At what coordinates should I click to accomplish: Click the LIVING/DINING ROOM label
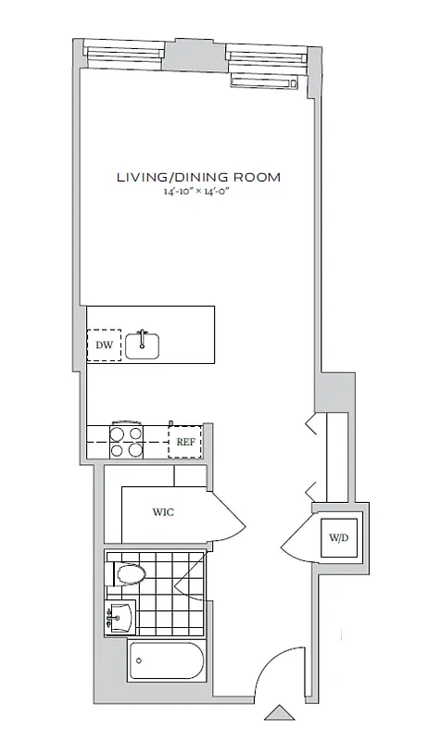pos(198,177)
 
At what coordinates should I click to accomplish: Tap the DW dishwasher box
pos(104,345)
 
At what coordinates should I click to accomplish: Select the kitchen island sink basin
pos(143,345)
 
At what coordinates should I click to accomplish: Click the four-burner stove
pos(127,441)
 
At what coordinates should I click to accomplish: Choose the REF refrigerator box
pos(186,441)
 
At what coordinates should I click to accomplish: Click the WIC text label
pos(164,511)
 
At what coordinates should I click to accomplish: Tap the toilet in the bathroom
pos(129,575)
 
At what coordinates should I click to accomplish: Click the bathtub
pos(167,661)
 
